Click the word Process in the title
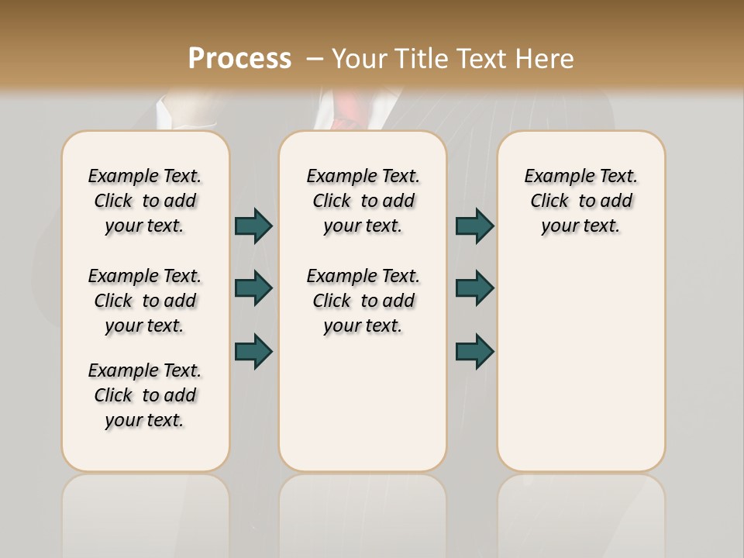239,59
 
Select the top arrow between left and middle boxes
253,226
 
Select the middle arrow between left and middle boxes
253,288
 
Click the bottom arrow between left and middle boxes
253,351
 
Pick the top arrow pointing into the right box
474,226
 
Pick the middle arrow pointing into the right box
474,288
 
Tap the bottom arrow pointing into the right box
474,351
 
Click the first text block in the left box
145,201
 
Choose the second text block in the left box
145,301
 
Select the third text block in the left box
145,395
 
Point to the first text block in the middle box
363,201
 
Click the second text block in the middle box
363,301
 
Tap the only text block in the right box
580,201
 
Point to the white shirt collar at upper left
164,112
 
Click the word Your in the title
360,59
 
